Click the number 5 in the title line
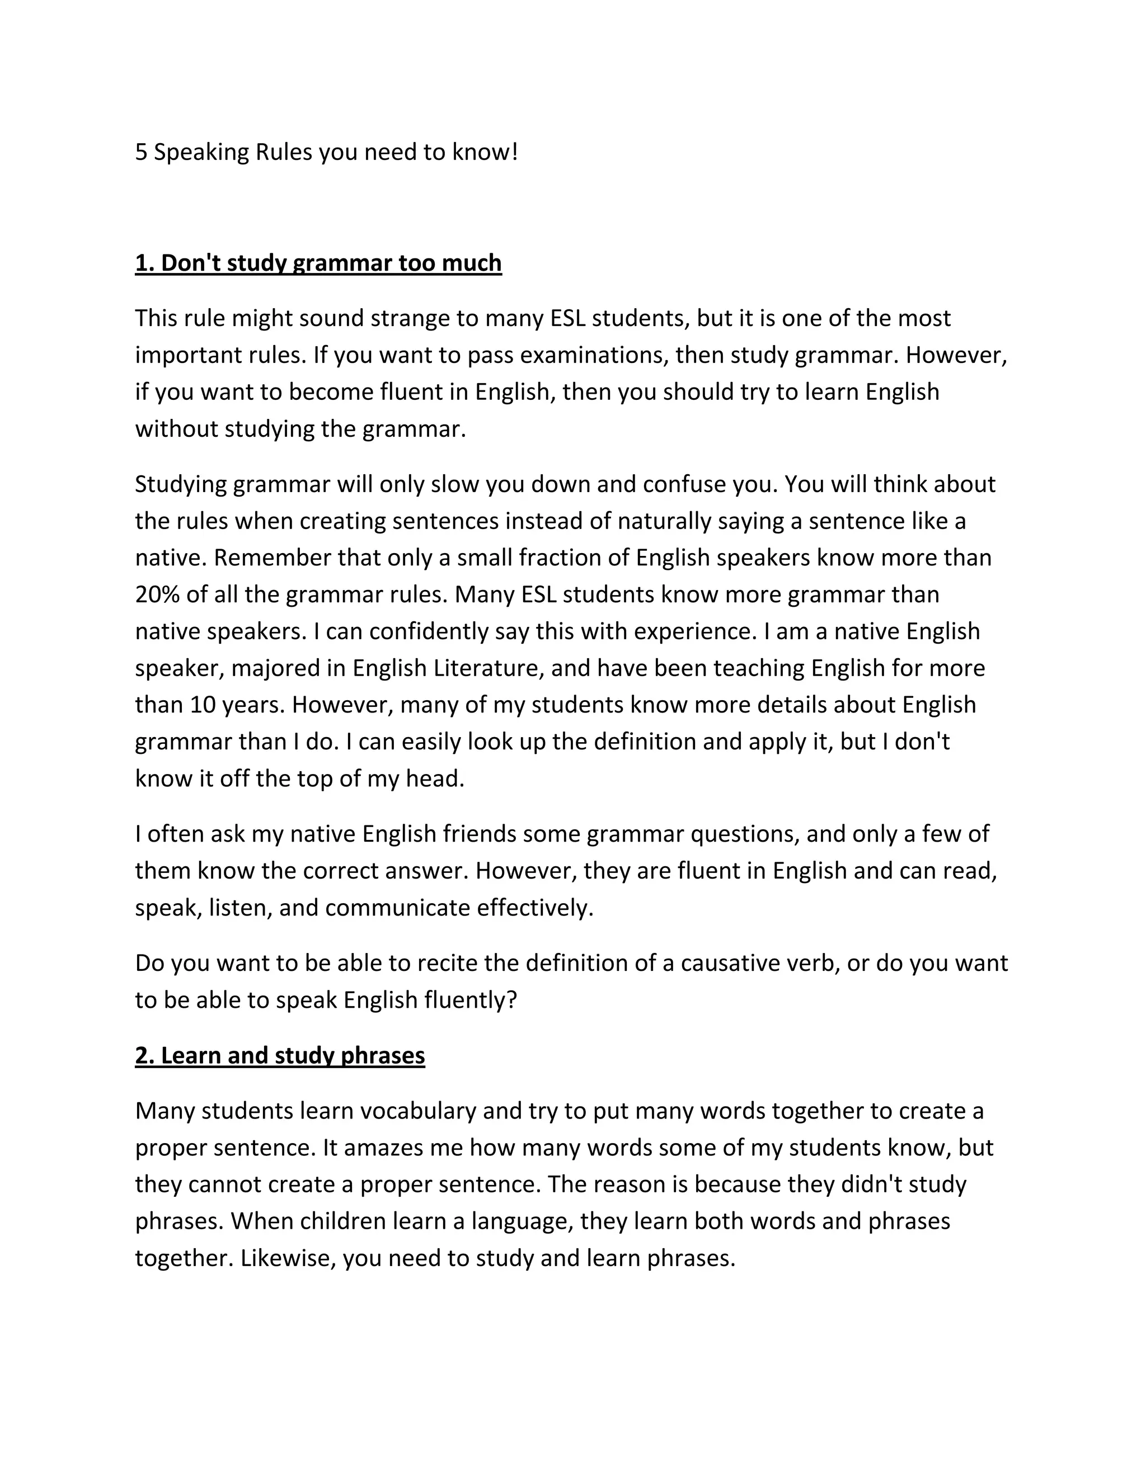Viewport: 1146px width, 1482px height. (x=141, y=152)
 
